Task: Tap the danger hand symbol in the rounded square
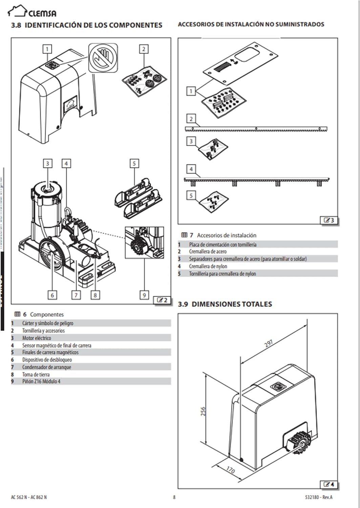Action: [x=103, y=58]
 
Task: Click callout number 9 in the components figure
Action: [x=144, y=295]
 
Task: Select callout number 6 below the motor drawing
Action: [x=52, y=295]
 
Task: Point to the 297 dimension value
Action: [x=269, y=343]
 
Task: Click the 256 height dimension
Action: [x=203, y=411]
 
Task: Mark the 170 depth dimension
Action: [x=230, y=470]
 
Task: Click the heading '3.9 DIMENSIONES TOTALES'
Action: [x=225, y=304]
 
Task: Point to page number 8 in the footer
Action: [x=174, y=497]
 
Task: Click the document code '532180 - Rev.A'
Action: [x=318, y=497]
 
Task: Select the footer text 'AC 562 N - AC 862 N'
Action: [x=29, y=497]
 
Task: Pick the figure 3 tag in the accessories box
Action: [x=329, y=220]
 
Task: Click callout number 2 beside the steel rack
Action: [x=191, y=119]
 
